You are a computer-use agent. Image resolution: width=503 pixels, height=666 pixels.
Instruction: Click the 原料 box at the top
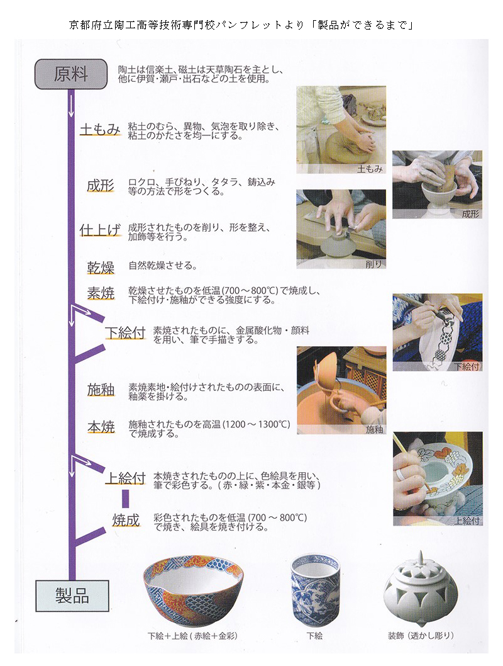point(71,74)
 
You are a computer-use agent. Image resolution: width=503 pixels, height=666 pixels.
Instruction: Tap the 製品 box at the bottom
point(72,595)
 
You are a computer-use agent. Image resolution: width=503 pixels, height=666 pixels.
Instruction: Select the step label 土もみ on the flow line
point(100,129)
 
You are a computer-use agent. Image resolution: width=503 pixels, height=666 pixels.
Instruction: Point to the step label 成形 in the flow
point(101,186)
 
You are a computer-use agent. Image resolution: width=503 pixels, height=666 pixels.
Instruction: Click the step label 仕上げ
point(100,230)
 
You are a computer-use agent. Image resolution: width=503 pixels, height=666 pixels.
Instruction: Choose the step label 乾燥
point(101,268)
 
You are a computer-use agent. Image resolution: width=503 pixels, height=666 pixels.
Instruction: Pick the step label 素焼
point(101,293)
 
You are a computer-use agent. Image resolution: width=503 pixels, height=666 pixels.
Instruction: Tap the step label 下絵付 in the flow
point(126,332)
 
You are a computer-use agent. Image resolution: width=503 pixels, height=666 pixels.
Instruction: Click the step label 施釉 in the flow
point(101,389)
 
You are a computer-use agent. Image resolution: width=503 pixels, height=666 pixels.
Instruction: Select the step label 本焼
point(101,427)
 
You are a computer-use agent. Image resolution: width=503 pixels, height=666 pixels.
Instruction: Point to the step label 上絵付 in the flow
point(126,478)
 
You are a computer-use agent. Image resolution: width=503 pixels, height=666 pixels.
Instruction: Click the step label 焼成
point(126,520)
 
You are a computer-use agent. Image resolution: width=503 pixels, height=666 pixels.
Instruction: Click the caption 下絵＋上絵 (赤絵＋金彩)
point(192,636)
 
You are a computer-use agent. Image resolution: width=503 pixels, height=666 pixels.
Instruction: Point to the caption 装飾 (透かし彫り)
point(421,635)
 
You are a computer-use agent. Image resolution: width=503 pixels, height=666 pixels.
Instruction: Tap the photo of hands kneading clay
point(341,130)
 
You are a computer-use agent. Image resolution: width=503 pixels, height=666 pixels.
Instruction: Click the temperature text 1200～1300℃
point(256,424)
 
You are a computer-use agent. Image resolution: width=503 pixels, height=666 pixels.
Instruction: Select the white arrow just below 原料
point(71,106)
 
